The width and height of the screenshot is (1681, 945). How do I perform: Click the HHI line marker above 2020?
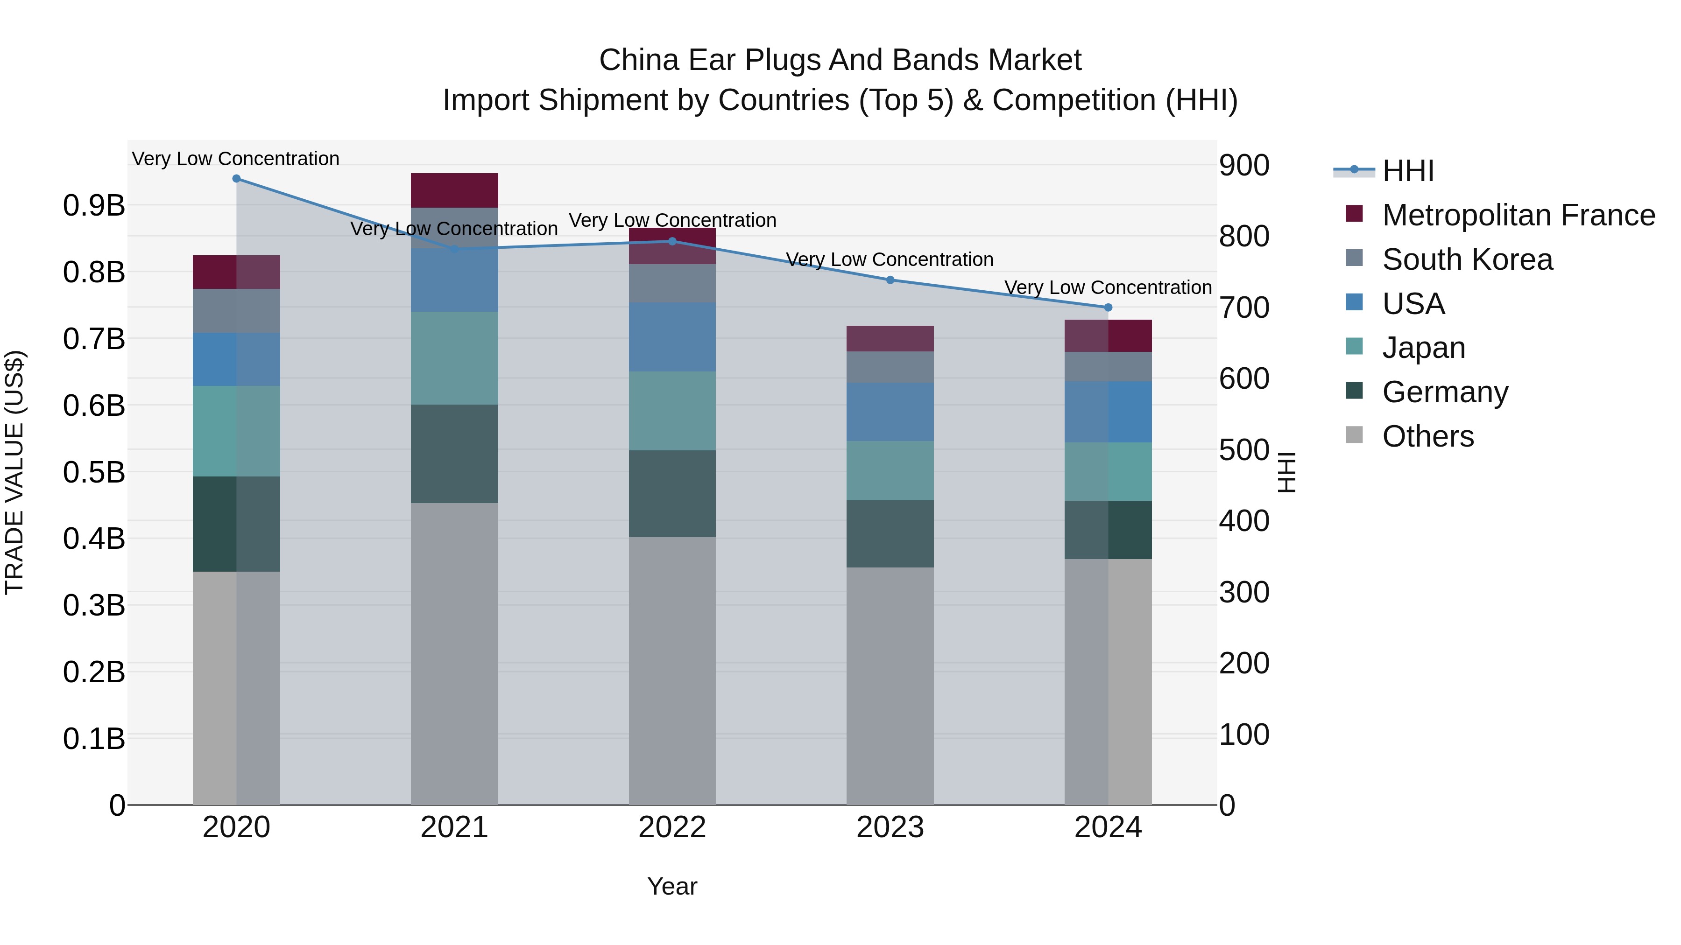(236, 179)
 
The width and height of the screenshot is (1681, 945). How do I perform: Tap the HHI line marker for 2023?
(890, 280)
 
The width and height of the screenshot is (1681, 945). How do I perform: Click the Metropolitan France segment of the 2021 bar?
(454, 190)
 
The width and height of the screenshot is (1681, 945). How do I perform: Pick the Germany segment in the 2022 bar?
(672, 494)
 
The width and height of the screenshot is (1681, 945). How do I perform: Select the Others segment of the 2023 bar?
(890, 685)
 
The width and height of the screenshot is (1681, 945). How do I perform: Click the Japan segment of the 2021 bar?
(454, 358)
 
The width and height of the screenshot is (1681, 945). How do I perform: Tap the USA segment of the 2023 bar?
(890, 412)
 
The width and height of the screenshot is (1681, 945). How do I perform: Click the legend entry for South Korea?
(1467, 259)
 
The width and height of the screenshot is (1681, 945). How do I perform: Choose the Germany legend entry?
(1445, 392)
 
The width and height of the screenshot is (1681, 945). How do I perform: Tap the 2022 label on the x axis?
(672, 827)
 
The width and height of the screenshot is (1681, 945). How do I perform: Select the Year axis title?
(672, 886)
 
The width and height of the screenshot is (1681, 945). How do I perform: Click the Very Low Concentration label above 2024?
(1108, 287)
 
